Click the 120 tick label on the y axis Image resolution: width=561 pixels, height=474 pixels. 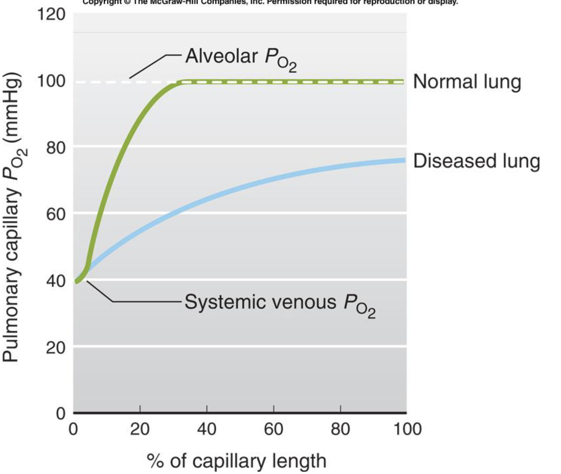[x=51, y=15]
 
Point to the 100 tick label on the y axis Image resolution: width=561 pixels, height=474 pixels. [x=51, y=81]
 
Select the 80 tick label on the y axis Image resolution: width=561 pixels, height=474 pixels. [x=56, y=148]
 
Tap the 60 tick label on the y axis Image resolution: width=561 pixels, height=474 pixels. [x=56, y=214]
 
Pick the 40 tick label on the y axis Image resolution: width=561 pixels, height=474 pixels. [x=56, y=281]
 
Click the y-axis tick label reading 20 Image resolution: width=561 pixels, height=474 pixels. [x=56, y=348]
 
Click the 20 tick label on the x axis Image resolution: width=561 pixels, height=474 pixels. [x=140, y=429]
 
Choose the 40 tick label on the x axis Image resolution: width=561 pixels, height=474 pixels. [x=207, y=429]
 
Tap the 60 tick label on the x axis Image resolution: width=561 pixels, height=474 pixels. [x=273, y=429]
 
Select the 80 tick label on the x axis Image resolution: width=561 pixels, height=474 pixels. [x=340, y=429]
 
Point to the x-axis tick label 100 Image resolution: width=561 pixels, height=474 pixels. [x=407, y=429]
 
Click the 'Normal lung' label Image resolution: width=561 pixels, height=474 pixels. [x=467, y=82]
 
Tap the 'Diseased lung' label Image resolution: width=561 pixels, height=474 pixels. [x=476, y=161]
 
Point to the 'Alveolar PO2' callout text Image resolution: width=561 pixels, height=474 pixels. [x=241, y=58]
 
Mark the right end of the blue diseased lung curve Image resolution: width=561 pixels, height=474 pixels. [x=404, y=160]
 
